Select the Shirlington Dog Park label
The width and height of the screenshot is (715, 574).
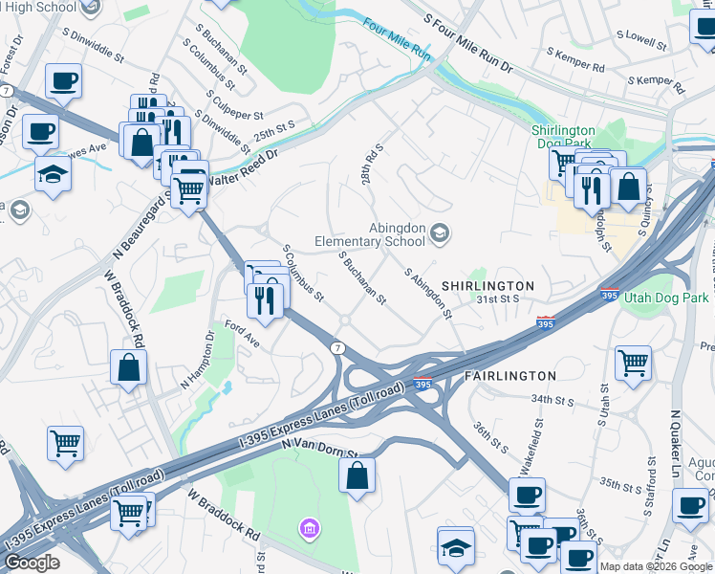(x=563, y=138)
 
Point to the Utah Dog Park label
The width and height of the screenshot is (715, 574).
(x=666, y=298)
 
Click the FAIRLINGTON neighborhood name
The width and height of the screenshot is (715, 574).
(x=509, y=376)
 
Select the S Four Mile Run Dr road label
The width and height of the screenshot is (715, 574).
(x=469, y=45)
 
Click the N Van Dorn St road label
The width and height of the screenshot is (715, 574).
(x=320, y=449)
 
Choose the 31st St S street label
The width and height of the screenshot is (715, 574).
(x=498, y=298)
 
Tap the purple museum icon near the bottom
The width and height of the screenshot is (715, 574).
(x=309, y=527)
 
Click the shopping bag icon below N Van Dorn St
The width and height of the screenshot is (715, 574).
(x=357, y=475)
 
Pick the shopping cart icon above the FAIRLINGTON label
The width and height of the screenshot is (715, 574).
(x=633, y=362)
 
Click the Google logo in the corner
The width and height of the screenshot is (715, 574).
(x=32, y=562)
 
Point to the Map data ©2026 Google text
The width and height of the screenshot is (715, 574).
(x=656, y=566)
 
